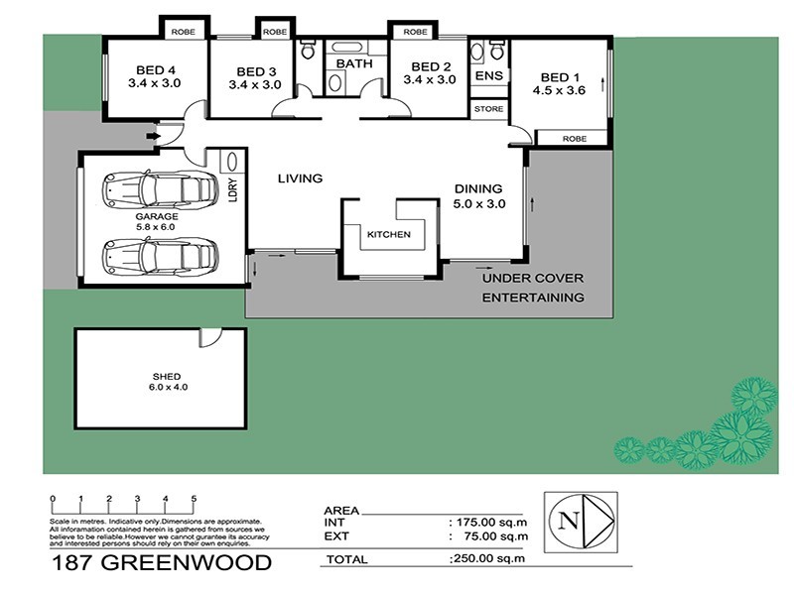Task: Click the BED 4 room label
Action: point(156,70)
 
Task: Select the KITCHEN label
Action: point(388,235)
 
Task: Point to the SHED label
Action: point(165,376)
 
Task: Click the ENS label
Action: point(488,75)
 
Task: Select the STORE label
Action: point(488,108)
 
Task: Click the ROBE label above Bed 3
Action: point(273,32)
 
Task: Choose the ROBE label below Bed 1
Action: point(574,139)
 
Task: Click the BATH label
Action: point(352,64)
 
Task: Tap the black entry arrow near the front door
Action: point(152,136)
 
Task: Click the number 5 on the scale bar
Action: point(194,498)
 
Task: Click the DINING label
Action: point(478,189)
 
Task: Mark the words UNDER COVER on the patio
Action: point(533,279)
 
